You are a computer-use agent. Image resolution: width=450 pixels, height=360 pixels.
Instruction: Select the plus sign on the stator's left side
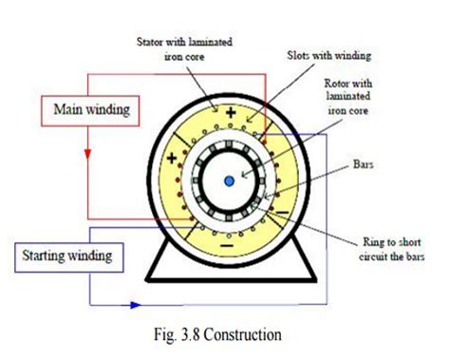(x=171, y=160)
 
